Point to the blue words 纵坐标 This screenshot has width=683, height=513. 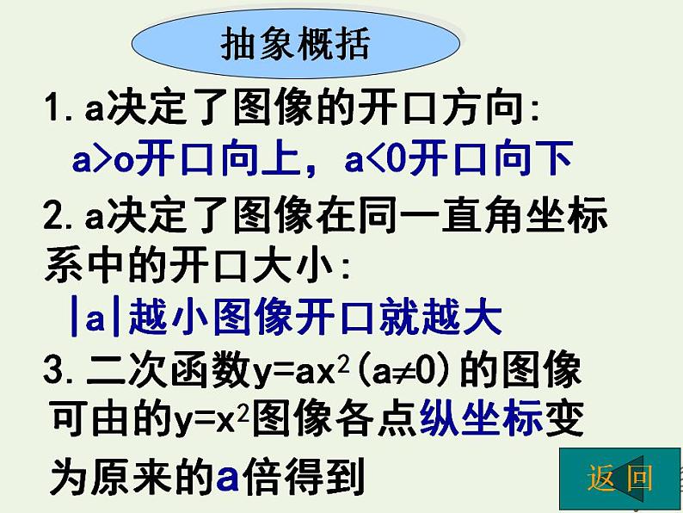click(x=481, y=421)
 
